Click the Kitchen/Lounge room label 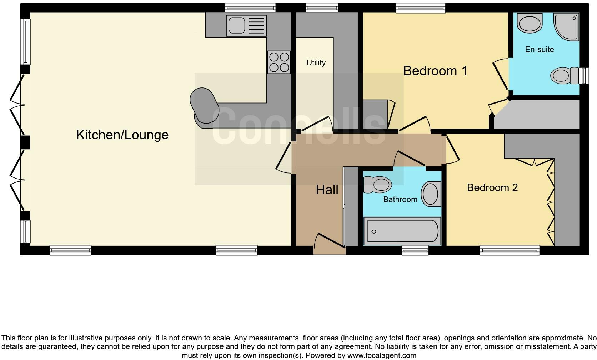[x=122, y=135]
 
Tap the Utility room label [x=316, y=63]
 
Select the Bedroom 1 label [x=435, y=71]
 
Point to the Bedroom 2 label [x=492, y=187]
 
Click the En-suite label [x=539, y=49]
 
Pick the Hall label [x=327, y=190]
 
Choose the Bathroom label [x=400, y=199]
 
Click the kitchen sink [x=246, y=25]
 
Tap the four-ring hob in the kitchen [x=279, y=62]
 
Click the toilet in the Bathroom [x=377, y=185]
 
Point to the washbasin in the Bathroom [x=431, y=194]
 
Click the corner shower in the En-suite [x=566, y=27]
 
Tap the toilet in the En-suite [x=565, y=76]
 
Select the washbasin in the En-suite [x=530, y=23]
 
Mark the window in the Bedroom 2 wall [x=509, y=250]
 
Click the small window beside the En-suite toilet [x=583, y=76]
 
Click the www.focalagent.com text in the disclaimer [x=381, y=355]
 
